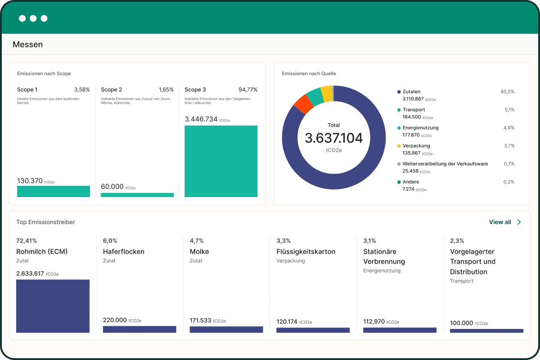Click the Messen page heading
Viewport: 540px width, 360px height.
point(27,45)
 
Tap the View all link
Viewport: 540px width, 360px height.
point(505,222)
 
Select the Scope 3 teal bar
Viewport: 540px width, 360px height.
point(221,161)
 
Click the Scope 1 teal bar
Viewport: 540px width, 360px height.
point(54,191)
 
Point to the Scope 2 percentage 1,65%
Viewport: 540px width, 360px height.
point(166,90)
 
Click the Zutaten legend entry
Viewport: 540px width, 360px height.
point(411,92)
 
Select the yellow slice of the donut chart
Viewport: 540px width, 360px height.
point(327,94)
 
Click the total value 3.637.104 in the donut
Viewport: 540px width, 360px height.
point(333,138)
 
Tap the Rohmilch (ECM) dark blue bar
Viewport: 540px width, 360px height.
point(53,306)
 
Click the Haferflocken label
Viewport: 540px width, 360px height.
point(124,252)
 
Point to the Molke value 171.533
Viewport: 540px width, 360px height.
point(200,320)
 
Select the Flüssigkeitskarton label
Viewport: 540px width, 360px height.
point(306,252)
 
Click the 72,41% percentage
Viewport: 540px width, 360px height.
point(27,241)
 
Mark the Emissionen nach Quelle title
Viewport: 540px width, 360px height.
point(309,73)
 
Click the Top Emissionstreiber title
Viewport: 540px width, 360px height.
point(45,222)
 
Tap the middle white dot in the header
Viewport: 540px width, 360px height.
point(33,18)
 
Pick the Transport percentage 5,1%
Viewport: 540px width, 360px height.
point(509,110)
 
